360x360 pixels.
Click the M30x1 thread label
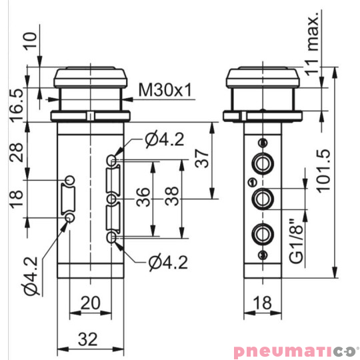point(164,89)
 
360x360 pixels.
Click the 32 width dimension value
point(90,339)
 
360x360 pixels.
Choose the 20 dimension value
point(90,303)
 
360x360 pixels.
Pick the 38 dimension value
point(171,199)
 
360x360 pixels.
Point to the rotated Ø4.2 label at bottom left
point(29,279)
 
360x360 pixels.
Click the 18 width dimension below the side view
point(261,303)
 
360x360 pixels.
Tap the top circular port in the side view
point(261,162)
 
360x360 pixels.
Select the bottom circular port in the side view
point(261,233)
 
